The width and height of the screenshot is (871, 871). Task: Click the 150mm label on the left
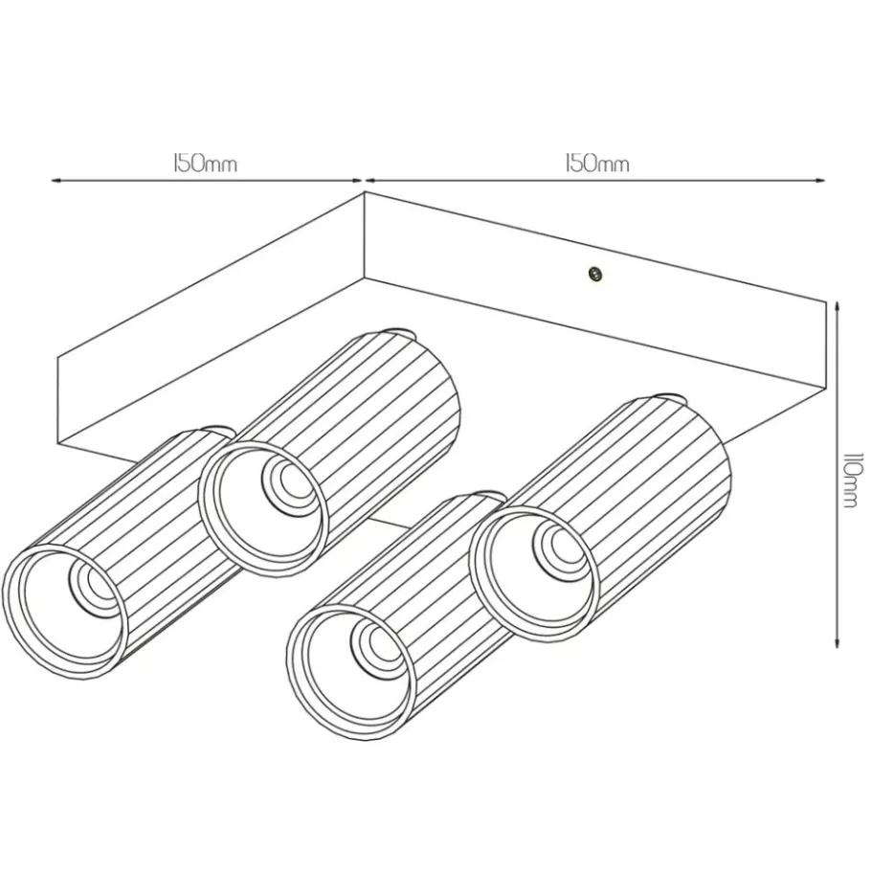click(205, 164)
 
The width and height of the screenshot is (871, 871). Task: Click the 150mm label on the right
click(597, 164)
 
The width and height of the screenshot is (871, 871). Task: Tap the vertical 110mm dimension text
click(853, 480)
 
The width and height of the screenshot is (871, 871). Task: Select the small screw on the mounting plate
click(595, 274)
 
